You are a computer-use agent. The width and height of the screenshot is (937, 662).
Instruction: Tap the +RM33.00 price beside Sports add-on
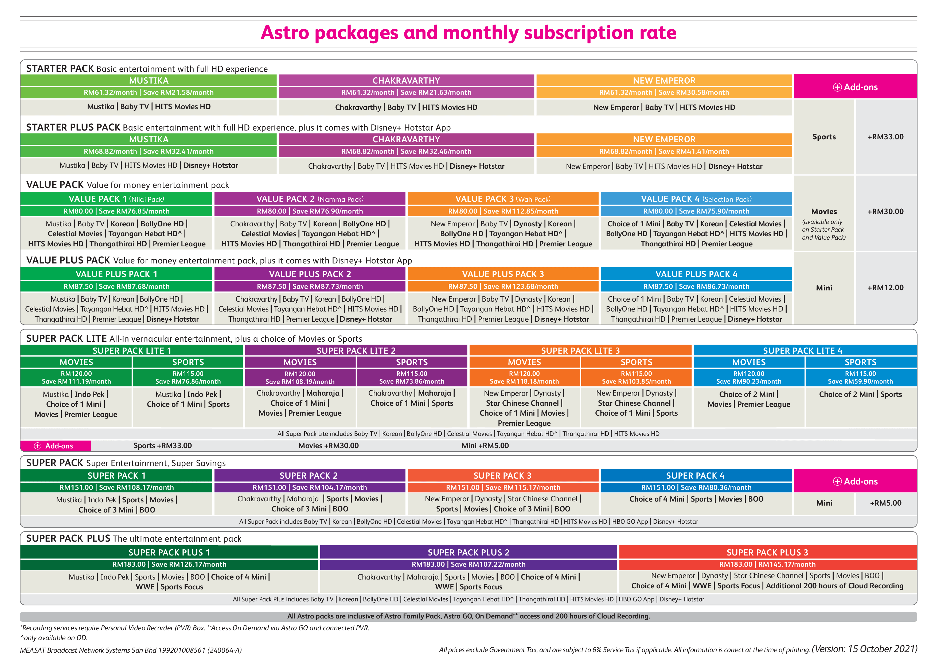pos(885,137)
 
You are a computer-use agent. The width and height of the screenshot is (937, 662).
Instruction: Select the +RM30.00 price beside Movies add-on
pos(885,211)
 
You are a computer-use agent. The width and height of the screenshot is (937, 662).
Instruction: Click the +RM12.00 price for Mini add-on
pos(885,287)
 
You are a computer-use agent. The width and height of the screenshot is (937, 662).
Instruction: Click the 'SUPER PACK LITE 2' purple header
pos(356,350)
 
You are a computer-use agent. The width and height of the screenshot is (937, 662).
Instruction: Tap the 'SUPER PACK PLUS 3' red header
pos(767,552)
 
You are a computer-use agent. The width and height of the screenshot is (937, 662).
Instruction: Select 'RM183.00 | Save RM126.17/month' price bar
pos(169,564)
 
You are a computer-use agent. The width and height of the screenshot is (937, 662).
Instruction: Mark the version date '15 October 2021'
pos(882,649)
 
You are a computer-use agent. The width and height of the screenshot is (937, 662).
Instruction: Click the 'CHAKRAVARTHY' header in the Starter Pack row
pos(406,80)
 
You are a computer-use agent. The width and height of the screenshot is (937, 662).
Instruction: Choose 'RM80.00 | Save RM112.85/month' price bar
pos(503,211)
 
